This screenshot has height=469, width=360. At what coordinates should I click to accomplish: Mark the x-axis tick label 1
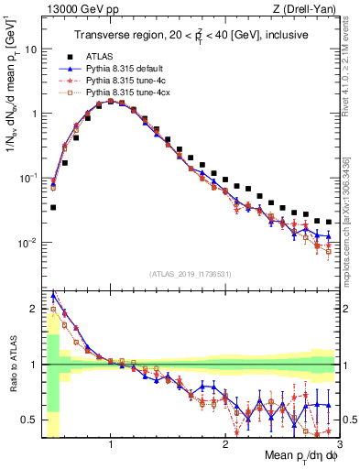(111, 446)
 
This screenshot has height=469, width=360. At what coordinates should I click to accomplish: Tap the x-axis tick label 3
(338, 446)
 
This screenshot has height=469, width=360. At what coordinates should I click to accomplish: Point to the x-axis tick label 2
(224, 446)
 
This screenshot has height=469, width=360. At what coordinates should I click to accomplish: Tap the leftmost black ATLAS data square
(53, 207)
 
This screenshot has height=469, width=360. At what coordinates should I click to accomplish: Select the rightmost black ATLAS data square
(329, 222)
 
